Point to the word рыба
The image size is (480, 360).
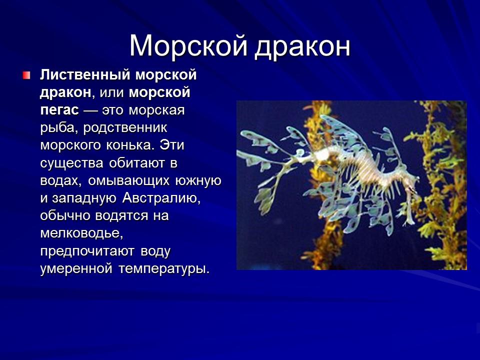tap(56, 127)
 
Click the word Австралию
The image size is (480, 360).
tap(160, 197)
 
